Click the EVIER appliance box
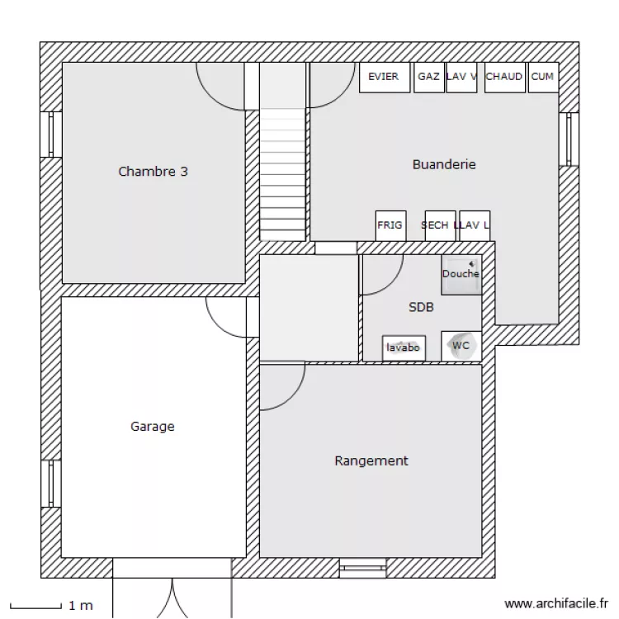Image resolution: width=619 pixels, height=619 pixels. pyautogui.click(x=384, y=78)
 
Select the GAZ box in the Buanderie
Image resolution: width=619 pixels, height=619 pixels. pyautogui.click(x=428, y=78)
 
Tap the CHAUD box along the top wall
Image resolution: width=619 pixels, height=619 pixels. pyautogui.click(x=504, y=78)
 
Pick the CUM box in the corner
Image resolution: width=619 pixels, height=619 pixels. pyautogui.click(x=542, y=78)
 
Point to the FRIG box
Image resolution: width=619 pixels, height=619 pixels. pyautogui.click(x=390, y=225)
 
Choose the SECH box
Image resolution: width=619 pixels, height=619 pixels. pyautogui.click(x=439, y=225)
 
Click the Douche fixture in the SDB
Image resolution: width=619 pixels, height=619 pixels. pyautogui.click(x=461, y=275)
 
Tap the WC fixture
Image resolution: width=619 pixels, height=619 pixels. pyautogui.click(x=461, y=346)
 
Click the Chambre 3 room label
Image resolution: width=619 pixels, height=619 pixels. pyautogui.click(x=153, y=172)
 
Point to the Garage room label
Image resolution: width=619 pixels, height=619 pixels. pyautogui.click(x=153, y=427)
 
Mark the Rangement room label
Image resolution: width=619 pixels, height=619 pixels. pyautogui.click(x=371, y=461)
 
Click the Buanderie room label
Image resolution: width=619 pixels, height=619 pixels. pyautogui.click(x=444, y=164)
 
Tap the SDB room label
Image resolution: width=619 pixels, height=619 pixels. pyautogui.click(x=421, y=307)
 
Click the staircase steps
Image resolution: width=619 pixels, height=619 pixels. pyautogui.click(x=283, y=173)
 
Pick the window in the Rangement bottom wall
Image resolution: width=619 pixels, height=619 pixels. pyautogui.click(x=362, y=566)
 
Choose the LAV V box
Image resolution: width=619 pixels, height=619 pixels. pyautogui.click(x=461, y=78)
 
